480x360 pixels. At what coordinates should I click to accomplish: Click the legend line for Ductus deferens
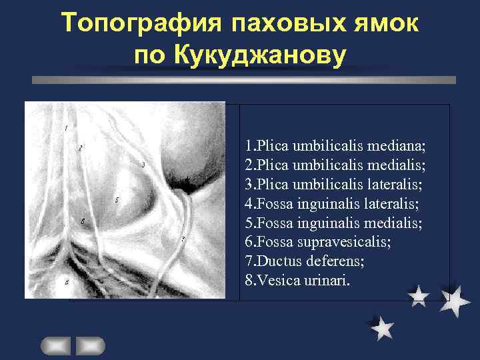click(x=305, y=262)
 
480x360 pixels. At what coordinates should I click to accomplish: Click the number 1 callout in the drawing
click(x=66, y=127)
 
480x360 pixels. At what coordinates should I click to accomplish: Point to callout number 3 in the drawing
click(x=143, y=164)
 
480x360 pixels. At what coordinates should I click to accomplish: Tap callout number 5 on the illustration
click(x=117, y=200)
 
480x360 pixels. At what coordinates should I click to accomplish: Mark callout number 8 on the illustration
click(x=66, y=282)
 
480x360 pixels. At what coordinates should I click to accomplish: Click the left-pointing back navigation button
click(x=55, y=345)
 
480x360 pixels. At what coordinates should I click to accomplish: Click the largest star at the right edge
click(x=455, y=301)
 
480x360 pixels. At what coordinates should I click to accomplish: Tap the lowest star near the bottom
click(x=382, y=328)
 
